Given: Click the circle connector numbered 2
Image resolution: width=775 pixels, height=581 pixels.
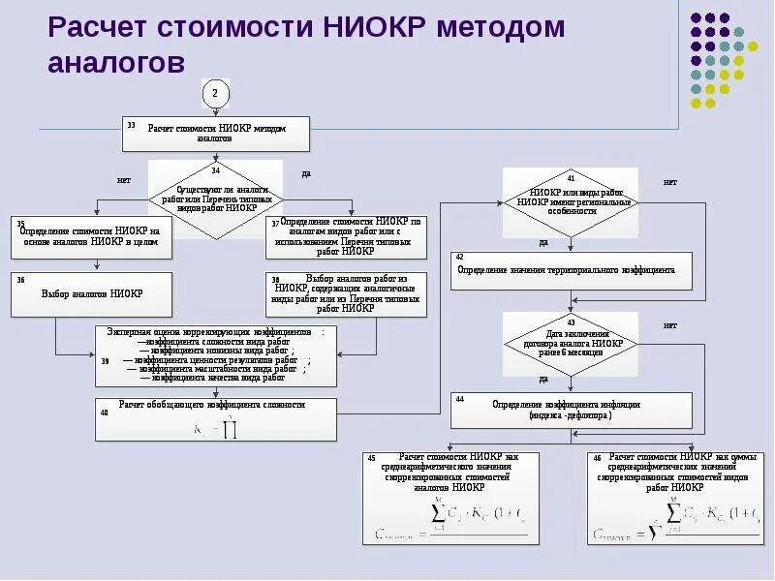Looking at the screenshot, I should [214, 93].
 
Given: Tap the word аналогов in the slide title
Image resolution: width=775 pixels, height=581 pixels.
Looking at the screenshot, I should [116, 63].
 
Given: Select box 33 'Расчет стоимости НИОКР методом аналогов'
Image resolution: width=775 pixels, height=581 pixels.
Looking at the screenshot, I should [216, 134].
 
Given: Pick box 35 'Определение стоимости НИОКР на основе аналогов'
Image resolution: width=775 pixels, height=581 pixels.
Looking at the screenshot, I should [92, 236].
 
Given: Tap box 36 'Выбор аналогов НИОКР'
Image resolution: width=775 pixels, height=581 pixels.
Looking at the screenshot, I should [92, 293].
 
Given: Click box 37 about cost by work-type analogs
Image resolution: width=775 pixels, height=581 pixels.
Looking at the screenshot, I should [345, 235].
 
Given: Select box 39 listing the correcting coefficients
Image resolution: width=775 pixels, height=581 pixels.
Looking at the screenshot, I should [216, 355].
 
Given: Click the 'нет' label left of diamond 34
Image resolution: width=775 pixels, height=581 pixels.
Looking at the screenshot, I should [124, 180].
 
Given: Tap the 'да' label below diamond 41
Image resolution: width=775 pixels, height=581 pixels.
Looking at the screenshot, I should [543, 242].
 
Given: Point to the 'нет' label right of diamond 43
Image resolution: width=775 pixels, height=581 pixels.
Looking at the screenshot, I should [669, 325].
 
